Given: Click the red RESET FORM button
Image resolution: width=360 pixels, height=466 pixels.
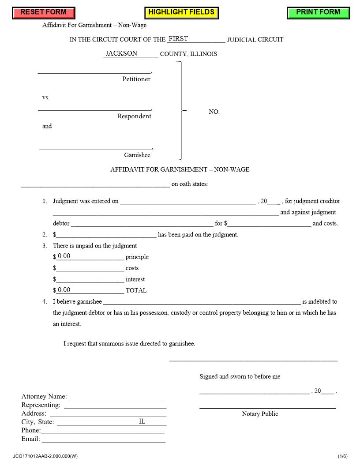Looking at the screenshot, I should pyautogui.click(x=43, y=13).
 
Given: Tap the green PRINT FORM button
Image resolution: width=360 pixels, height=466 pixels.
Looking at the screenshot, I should pyautogui.click(x=318, y=13).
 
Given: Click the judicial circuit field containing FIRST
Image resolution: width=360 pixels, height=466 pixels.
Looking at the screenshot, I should pyautogui.click(x=196, y=39).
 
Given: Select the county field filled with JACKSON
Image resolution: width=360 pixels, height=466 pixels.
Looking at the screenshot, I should pyautogui.click(x=131, y=53).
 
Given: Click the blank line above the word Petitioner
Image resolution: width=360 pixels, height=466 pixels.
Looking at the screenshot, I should pyautogui.click(x=94, y=70).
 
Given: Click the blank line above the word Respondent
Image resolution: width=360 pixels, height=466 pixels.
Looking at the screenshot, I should pyautogui.click(x=94, y=107).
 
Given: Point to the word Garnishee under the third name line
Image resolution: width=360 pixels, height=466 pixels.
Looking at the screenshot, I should pyautogui.click(x=137, y=155).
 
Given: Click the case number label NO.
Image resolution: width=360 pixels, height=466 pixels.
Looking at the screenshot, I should pyautogui.click(x=214, y=112).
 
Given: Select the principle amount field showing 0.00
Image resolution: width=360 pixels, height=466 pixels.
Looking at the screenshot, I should pyautogui.click(x=90, y=256).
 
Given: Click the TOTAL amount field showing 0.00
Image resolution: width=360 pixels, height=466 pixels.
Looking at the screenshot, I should pyautogui.click(x=90, y=290).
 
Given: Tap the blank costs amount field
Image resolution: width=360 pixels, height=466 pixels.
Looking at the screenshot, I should pyautogui.click(x=90, y=268).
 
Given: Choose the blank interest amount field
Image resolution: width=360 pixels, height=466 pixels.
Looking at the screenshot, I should pyautogui.click(x=90, y=279).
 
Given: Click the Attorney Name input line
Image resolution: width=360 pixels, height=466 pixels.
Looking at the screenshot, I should pyautogui.click(x=116, y=396).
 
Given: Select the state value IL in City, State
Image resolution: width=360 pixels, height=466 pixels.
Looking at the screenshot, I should pyautogui.click(x=142, y=421).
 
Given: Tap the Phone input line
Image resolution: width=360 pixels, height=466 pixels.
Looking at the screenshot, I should pyautogui.click(x=102, y=430).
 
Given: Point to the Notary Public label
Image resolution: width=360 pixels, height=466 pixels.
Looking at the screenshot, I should pyautogui.click(x=260, y=414).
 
